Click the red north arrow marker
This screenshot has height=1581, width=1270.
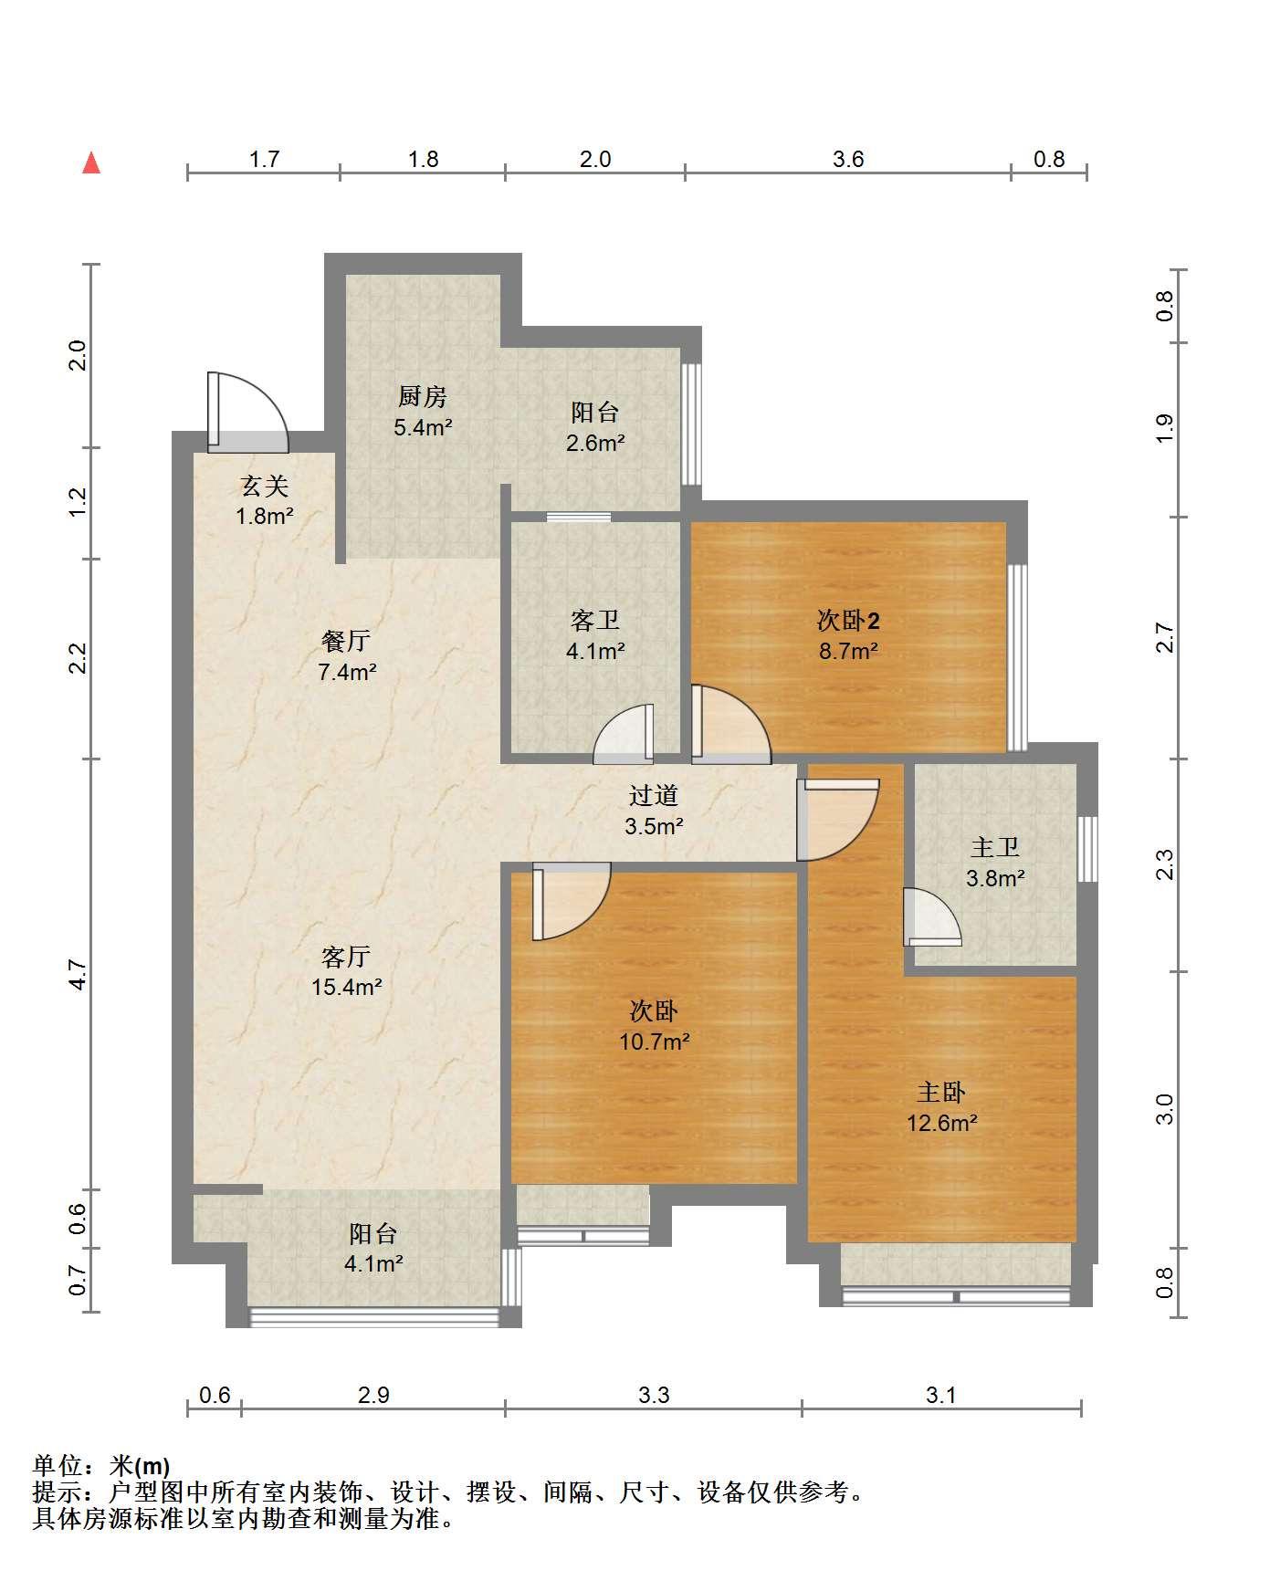[90, 162]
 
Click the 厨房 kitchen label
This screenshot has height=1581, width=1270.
[423, 397]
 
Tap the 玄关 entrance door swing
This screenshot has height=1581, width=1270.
[248, 412]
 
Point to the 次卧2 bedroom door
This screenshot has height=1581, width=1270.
[730, 725]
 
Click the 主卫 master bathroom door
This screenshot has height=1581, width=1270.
[932, 917]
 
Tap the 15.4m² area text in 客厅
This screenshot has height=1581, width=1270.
[346, 987]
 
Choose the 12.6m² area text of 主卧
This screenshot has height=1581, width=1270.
[941, 1122]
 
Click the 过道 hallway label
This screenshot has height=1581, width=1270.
[654, 796]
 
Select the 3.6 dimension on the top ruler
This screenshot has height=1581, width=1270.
[848, 160]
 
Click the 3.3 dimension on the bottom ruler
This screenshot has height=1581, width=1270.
[654, 1395]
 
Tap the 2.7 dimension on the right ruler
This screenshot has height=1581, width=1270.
[1164, 637]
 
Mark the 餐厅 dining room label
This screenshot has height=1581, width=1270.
[346, 641]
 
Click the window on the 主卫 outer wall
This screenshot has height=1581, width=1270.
[1086, 849]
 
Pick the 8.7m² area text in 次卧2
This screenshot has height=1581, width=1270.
[847, 651]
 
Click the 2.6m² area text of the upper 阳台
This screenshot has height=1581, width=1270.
[594, 443]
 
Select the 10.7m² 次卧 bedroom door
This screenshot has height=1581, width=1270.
[571, 902]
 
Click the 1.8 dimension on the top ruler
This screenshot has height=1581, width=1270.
[423, 160]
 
